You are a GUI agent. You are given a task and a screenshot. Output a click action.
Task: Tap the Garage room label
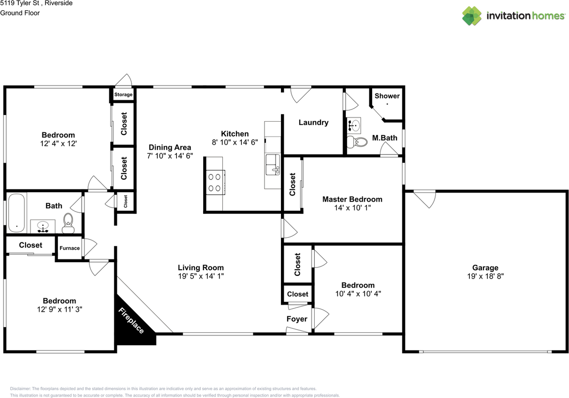click(485, 268)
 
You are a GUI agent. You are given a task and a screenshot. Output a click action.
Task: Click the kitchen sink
click(272, 165)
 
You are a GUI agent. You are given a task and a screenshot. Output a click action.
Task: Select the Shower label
click(387, 96)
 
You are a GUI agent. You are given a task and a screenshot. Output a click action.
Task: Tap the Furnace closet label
click(70, 248)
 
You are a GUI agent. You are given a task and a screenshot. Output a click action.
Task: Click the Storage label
click(123, 95)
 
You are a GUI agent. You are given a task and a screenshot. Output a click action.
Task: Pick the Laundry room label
click(313, 122)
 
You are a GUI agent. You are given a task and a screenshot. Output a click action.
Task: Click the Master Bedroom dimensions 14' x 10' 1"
click(352, 207)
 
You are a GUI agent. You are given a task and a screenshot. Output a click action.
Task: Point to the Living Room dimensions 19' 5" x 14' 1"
click(201, 276)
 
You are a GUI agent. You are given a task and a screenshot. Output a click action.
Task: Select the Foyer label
click(297, 319)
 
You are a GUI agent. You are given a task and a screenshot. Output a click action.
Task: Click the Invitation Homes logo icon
click(472, 16)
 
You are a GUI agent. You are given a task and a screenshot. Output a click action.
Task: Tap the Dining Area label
click(170, 147)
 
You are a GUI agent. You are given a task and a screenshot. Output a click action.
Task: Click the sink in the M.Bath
click(354, 126)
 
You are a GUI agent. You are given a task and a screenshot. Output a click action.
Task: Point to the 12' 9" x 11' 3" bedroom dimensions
click(59, 309)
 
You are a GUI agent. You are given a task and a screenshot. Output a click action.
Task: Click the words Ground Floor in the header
click(20, 13)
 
